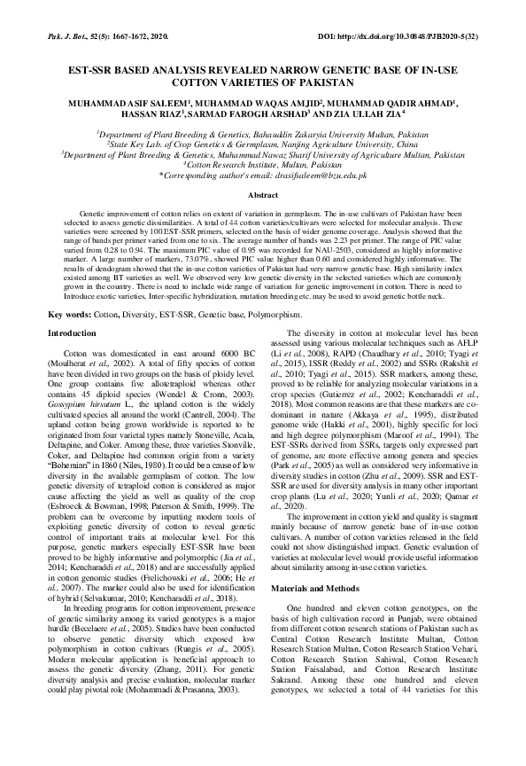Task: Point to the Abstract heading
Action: [263, 195]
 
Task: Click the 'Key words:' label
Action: [69, 316]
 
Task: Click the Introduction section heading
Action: [73, 332]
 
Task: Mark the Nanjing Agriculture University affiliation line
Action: [262, 142]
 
